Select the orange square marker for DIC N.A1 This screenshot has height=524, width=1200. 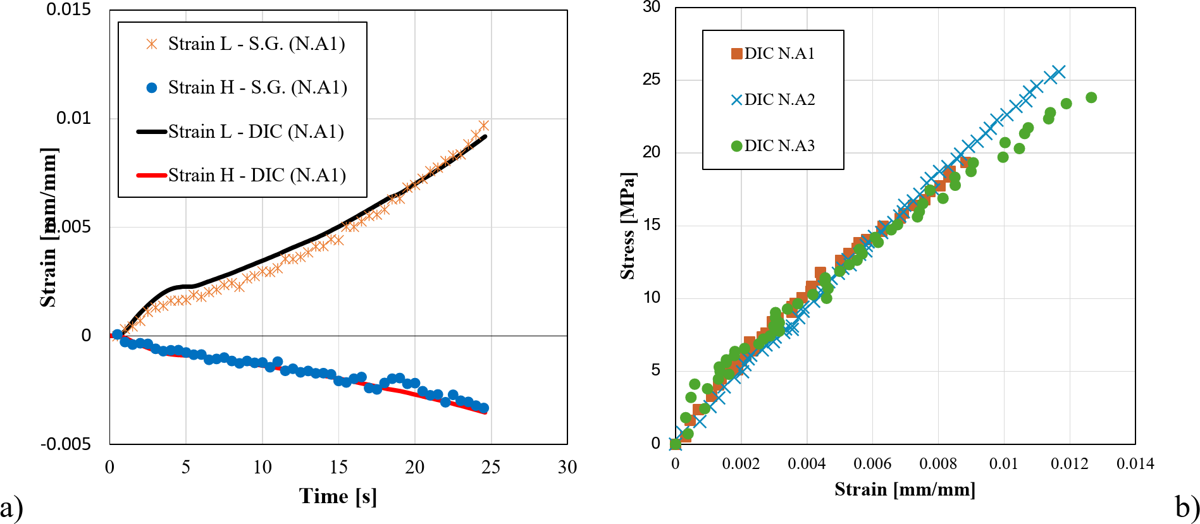(x=736, y=54)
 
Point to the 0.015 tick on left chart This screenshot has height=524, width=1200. (x=68, y=9)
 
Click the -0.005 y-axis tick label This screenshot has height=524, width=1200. (x=66, y=444)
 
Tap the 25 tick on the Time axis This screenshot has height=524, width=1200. (x=491, y=467)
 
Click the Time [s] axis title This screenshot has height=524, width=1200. (x=338, y=496)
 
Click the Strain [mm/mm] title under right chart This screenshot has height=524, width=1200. (x=905, y=489)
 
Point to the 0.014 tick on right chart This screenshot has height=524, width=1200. (x=1135, y=464)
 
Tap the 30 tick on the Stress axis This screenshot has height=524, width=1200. (x=651, y=7)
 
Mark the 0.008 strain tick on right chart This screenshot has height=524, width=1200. (x=938, y=464)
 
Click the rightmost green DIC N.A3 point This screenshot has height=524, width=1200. (x=1091, y=97)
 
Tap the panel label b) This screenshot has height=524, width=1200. (x=1187, y=506)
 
